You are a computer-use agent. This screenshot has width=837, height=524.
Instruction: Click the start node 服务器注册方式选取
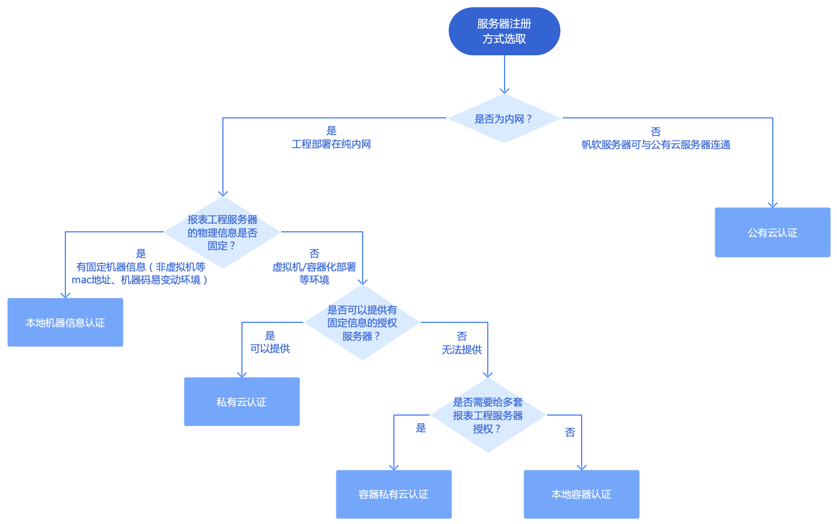pyautogui.click(x=504, y=31)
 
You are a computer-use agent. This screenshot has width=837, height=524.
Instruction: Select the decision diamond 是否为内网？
pyautogui.click(x=504, y=118)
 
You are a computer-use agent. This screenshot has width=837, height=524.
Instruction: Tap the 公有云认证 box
pyautogui.click(x=772, y=232)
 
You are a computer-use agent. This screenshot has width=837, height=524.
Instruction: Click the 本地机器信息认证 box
pyautogui.click(x=65, y=322)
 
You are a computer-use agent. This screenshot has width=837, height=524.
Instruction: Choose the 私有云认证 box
pyautogui.click(x=241, y=402)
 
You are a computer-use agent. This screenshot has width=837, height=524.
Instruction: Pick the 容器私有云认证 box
pyautogui.click(x=393, y=494)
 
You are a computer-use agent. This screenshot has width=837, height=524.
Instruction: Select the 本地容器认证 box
pyautogui.click(x=581, y=494)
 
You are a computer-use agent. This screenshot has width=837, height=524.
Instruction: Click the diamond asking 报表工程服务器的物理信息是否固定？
pyautogui.click(x=222, y=232)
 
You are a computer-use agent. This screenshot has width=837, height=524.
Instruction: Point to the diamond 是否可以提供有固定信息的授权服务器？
pyautogui.click(x=362, y=323)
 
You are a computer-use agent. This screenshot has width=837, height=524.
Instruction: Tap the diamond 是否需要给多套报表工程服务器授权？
pyautogui.click(x=488, y=415)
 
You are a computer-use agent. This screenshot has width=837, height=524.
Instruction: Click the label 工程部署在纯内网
pyautogui.click(x=331, y=144)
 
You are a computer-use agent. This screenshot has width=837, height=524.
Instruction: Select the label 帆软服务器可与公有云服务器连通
pyautogui.click(x=655, y=145)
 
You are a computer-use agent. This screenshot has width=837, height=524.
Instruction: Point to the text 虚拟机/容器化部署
pyautogui.click(x=314, y=267)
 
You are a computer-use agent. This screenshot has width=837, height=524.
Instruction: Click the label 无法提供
pyautogui.click(x=462, y=350)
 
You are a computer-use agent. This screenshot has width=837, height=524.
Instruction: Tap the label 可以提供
pyautogui.click(x=270, y=349)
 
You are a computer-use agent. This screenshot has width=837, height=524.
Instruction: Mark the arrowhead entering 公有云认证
pyautogui.click(x=773, y=204)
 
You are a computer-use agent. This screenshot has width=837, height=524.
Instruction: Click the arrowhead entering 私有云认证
pyautogui.click(x=242, y=374)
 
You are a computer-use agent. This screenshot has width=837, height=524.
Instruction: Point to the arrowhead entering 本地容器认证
pyautogui.click(x=582, y=467)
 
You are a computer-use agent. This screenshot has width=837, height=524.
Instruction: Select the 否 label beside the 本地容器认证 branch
pyautogui.click(x=570, y=432)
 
